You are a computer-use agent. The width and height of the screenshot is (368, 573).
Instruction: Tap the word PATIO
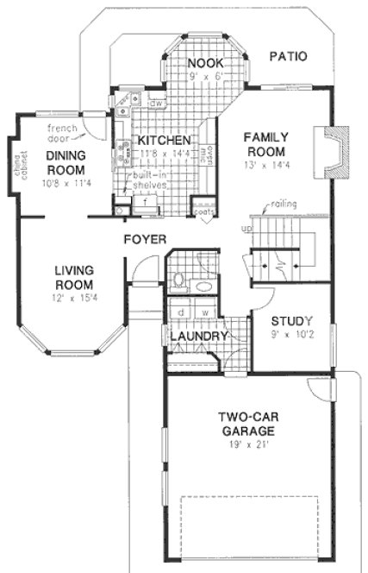click(x=288, y=58)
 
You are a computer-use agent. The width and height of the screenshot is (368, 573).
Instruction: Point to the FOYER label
click(x=144, y=237)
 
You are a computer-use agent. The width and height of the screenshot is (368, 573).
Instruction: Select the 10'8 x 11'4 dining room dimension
click(x=65, y=183)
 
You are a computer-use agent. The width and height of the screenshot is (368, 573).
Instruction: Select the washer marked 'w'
click(x=204, y=312)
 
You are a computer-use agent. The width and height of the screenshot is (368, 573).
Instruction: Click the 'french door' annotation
click(x=62, y=133)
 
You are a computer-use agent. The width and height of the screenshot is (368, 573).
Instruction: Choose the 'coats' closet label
click(x=203, y=210)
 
